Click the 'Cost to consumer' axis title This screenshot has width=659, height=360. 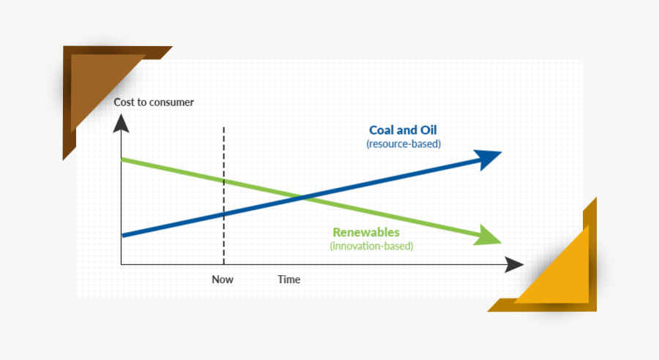point(154,102)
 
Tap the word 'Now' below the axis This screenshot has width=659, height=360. point(223,280)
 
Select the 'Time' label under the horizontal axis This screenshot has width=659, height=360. point(289,280)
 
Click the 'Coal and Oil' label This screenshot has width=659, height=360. point(403,130)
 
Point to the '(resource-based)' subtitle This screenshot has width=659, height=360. point(403,144)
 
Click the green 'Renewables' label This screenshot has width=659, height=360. point(366,232)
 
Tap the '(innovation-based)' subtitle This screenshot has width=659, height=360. point(371,246)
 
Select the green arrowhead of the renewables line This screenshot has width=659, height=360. point(488,236)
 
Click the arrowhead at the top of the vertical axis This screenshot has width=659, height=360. point(121,124)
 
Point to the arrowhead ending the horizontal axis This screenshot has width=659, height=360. point(515,265)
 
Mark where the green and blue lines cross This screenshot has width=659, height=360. point(302,197)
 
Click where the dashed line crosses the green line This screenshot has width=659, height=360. point(223,181)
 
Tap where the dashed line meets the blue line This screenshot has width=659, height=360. point(223,214)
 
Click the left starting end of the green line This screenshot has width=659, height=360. point(122,160)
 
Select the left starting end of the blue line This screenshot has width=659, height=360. point(123,236)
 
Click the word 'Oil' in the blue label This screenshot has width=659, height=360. point(428,130)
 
